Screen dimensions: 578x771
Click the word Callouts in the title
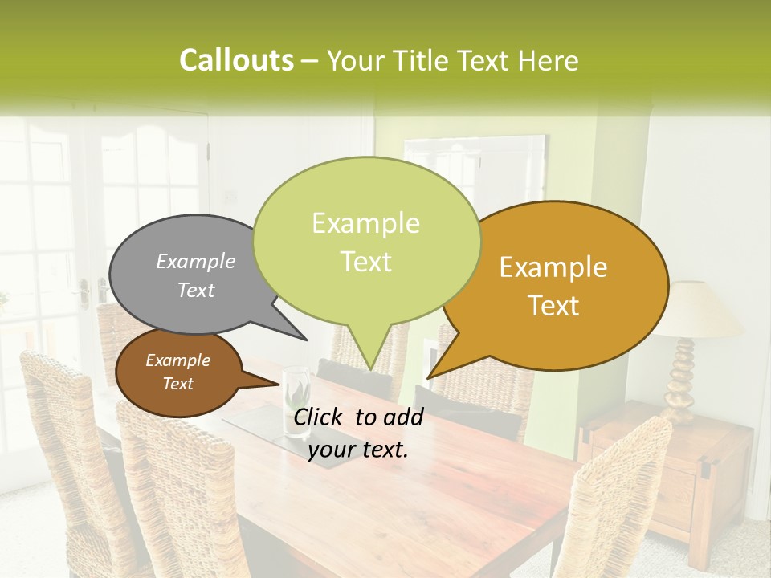coord(236,60)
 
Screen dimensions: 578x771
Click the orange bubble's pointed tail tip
coord(429,377)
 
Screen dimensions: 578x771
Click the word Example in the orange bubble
coord(553,267)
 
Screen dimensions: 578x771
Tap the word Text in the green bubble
coord(366,262)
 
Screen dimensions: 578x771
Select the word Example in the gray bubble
coord(196,261)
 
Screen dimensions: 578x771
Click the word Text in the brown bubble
coord(177,384)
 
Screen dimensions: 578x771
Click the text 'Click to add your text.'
coord(358,433)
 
